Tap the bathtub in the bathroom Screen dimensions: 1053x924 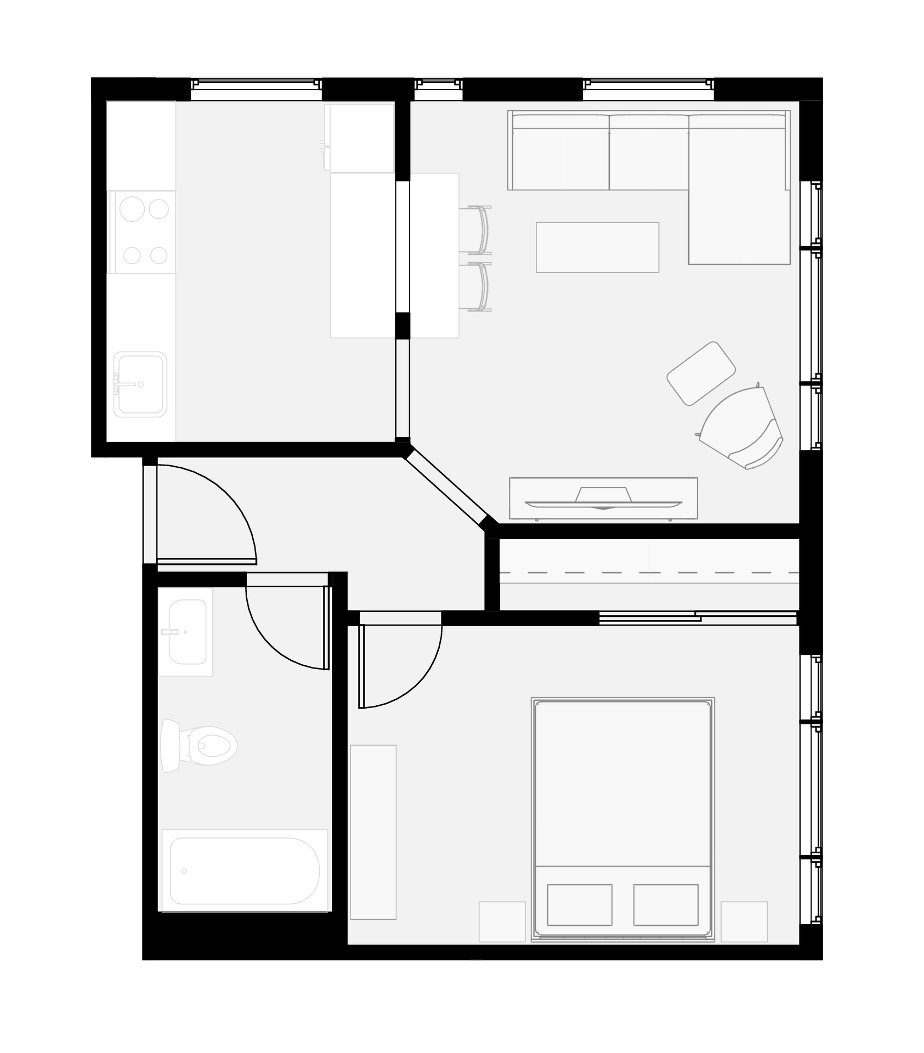click(x=244, y=871)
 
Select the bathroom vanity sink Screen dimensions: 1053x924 click(x=187, y=632)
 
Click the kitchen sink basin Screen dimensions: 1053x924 click(x=140, y=384)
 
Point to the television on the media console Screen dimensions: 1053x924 click(x=603, y=500)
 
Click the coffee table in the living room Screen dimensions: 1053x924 click(x=597, y=247)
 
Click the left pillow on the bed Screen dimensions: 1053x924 click(x=580, y=904)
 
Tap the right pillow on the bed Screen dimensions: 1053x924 click(x=666, y=904)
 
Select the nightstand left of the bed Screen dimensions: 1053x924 click(x=502, y=921)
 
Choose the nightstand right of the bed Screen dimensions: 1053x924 click(x=744, y=921)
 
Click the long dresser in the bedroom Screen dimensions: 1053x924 click(x=373, y=832)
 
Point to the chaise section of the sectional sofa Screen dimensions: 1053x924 click(x=738, y=219)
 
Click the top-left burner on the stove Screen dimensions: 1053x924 click(x=132, y=209)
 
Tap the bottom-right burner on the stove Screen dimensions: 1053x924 click(x=158, y=255)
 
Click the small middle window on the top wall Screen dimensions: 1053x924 click(x=438, y=90)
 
